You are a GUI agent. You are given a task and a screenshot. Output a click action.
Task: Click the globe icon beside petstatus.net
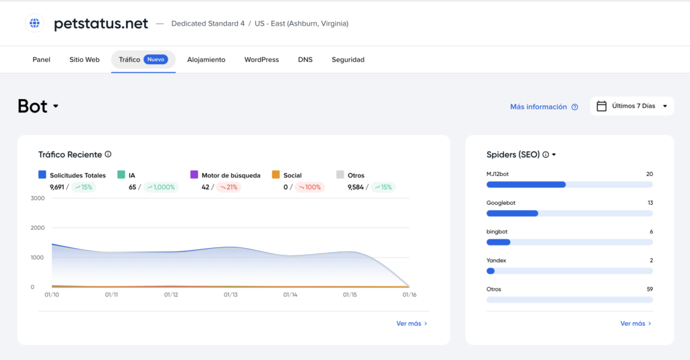click(34, 23)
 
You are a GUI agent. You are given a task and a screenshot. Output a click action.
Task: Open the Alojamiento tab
click(206, 59)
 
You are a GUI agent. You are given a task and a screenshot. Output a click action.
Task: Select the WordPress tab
click(261, 59)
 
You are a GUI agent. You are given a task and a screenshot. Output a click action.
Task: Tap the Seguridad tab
click(348, 59)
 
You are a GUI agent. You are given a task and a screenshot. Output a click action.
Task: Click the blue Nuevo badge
click(156, 59)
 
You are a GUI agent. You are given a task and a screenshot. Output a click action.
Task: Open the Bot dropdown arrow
click(56, 106)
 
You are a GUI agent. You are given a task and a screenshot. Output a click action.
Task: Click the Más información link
click(538, 107)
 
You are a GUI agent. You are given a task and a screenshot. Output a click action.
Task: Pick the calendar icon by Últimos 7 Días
click(601, 106)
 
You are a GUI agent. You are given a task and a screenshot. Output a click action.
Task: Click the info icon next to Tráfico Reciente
click(108, 154)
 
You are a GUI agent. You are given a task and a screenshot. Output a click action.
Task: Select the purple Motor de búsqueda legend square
click(194, 175)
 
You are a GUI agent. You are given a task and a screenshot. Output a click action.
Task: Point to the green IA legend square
click(121, 175)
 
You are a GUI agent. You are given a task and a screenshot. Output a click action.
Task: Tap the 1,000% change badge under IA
click(160, 187)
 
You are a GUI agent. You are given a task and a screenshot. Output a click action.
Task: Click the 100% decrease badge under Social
click(310, 187)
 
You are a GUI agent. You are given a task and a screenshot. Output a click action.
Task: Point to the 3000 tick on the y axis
click(38, 198)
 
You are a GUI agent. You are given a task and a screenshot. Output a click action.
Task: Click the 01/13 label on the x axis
click(230, 295)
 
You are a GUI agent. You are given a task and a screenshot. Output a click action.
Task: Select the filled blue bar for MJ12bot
click(526, 185)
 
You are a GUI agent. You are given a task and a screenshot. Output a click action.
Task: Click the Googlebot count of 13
click(650, 203)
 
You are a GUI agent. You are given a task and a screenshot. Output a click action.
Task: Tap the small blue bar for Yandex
click(491, 271)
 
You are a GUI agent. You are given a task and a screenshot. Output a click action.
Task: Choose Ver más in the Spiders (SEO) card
click(635, 324)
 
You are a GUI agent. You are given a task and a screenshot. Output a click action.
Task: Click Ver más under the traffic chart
click(412, 324)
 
